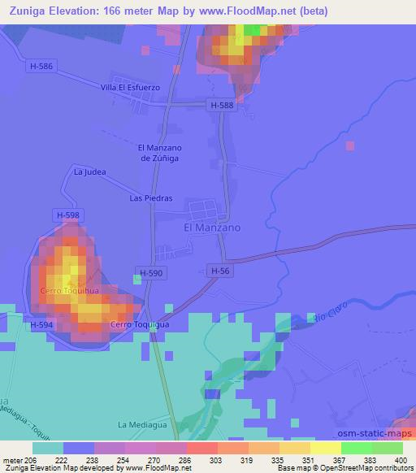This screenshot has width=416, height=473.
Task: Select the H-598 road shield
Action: (x=69, y=215)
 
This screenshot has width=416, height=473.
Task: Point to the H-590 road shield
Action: (x=152, y=274)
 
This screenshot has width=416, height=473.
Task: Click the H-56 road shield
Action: (x=219, y=271)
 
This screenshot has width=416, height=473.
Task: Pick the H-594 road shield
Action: (x=42, y=325)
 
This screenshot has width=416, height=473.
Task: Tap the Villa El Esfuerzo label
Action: (x=131, y=87)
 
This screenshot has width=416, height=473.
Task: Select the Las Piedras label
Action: (x=147, y=197)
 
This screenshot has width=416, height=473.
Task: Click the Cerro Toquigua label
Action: (x=139, y=325)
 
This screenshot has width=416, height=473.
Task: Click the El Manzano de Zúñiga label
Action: (x=158, y=153)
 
